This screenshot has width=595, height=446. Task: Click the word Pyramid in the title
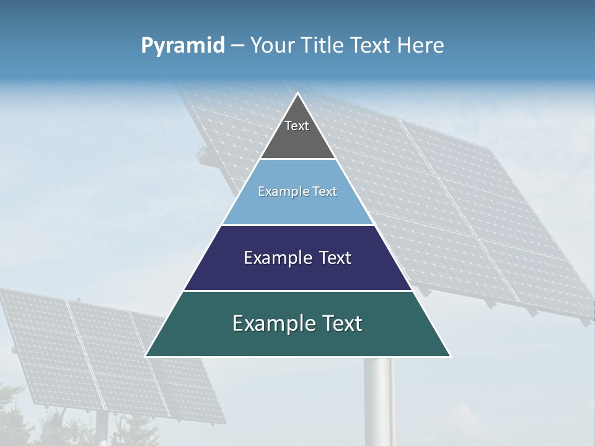pos(182,46)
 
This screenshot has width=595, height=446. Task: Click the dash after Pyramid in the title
pos(237,46)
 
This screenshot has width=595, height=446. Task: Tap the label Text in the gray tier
pos(296,126)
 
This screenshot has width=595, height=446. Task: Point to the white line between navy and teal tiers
pos(297,291)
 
